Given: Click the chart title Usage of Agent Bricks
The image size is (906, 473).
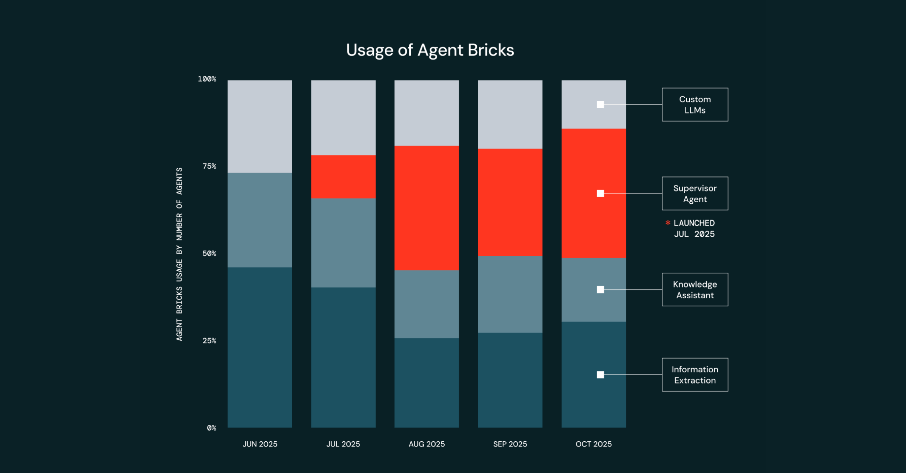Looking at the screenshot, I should pos(430,50).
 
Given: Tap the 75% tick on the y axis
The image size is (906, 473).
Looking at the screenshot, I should pos(210,166).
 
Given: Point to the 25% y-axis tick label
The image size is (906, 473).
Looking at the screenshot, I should pos(210,341).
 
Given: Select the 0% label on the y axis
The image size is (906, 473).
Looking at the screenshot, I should pos(211,428).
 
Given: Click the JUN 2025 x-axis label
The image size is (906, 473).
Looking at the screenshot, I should pos(260,444).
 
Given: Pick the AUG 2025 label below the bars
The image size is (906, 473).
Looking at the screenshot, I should pos(427,444).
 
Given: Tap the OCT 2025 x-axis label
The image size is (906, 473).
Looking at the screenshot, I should pos(593,444).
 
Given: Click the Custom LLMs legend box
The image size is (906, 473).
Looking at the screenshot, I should pos(695,105).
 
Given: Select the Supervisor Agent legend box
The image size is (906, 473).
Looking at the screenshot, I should pos(695,193).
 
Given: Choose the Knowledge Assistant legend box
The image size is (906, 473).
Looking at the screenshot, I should pos(695,290).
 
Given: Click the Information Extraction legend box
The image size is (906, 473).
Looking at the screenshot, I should pos(695,375).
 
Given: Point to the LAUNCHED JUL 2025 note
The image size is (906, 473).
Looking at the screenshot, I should pos(694,229).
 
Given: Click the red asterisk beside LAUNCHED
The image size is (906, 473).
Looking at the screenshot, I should pos(668,223).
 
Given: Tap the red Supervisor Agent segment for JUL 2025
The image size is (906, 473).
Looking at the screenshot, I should pos(343,177).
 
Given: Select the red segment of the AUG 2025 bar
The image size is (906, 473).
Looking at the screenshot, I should pos(427,208).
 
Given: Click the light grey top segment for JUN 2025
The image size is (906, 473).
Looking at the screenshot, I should pos(260,126).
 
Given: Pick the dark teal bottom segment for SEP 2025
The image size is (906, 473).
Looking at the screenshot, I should pos(510,380).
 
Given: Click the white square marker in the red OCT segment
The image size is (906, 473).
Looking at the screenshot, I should pos(600,193).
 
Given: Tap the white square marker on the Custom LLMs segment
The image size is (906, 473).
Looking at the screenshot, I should pos(600,104).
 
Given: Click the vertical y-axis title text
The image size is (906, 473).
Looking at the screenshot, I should pos(179,254).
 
